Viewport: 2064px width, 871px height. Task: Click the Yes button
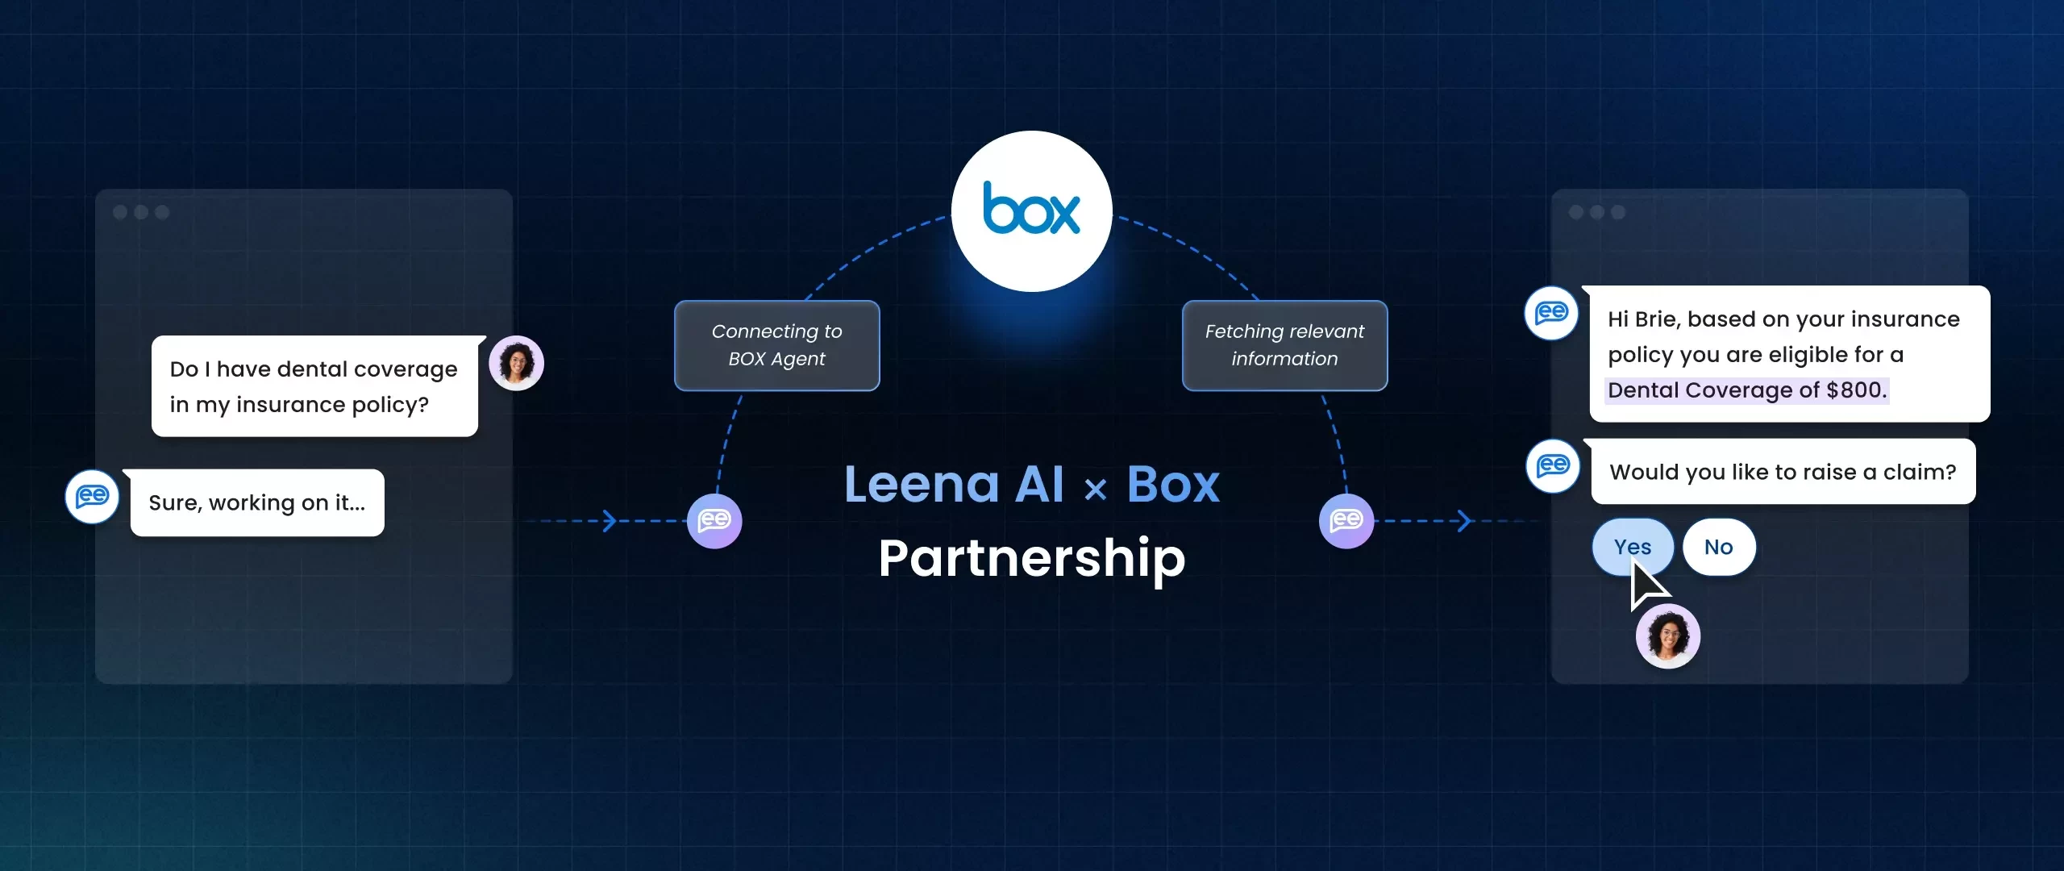(1633, 547)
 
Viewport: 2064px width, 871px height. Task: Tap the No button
(1719, 547)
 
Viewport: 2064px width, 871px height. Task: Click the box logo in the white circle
(1031, 210)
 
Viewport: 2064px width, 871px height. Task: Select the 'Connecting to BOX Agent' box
(776, 345)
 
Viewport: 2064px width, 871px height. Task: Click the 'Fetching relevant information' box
(1284, 345)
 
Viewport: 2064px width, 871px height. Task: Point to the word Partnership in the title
(1032, 557)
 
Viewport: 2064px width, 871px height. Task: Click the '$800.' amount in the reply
(1856, 390)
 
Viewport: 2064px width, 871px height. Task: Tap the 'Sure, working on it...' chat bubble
(257, 502)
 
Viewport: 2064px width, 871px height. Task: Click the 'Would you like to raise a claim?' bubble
(1783, 472)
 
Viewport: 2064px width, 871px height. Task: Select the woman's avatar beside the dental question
(516, 363)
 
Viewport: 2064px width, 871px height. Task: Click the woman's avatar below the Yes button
(1667, 636)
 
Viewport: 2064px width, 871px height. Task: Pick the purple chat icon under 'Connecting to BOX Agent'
(714, 521)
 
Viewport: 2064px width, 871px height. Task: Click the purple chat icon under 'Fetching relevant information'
(1346, 521)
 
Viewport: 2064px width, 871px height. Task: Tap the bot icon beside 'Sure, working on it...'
(92, 496)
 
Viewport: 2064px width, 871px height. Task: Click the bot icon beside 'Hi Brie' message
(1551, 313)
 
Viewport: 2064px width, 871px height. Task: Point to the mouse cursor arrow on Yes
(1645, 585)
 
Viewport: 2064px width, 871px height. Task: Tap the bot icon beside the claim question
(1553, 466)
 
